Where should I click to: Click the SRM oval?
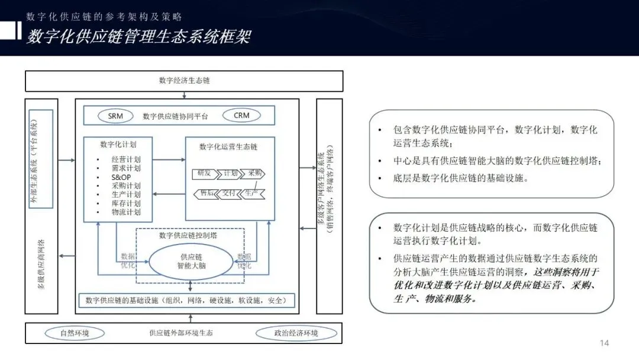pyautogui.click(x=116, y=116)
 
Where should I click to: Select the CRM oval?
pyautogui.click(x=241, y=116)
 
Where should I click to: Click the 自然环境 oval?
pyautogui.click(x=75, y=333)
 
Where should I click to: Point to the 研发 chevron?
pyautogui.click(x=203, y=173)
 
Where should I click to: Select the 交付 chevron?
pyautogui.click(x=229, y=193)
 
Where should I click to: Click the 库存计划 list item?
pyautogui.click(x=126, y=203)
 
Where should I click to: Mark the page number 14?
pyautogui.click(x=604, y=343)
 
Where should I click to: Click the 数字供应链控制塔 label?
pyautogui.click(x=188, y=235)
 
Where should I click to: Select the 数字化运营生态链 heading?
pyautogui.click(x=228, y=147)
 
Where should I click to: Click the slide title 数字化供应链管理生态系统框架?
pyautogui.click(x=138, y=37)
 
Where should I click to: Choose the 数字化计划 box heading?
pyautogui.click(x=118, y=143)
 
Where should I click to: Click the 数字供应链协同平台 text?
pyautogui.click(x=175, y=117)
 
